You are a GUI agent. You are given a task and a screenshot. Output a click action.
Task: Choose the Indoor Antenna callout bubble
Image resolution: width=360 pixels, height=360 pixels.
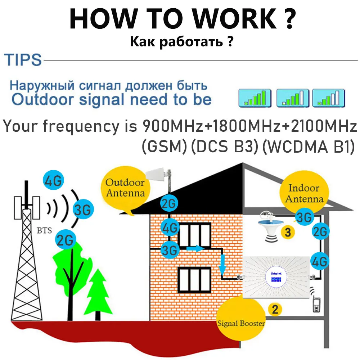[x=303, y=193]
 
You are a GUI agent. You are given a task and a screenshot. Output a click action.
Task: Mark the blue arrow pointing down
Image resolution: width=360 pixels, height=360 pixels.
[x=222, y=263]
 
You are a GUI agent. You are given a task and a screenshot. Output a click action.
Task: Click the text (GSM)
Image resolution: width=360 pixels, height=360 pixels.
[x=164, y=148]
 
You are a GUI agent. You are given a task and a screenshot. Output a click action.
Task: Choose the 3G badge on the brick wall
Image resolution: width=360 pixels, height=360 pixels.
[x=169, y=249]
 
